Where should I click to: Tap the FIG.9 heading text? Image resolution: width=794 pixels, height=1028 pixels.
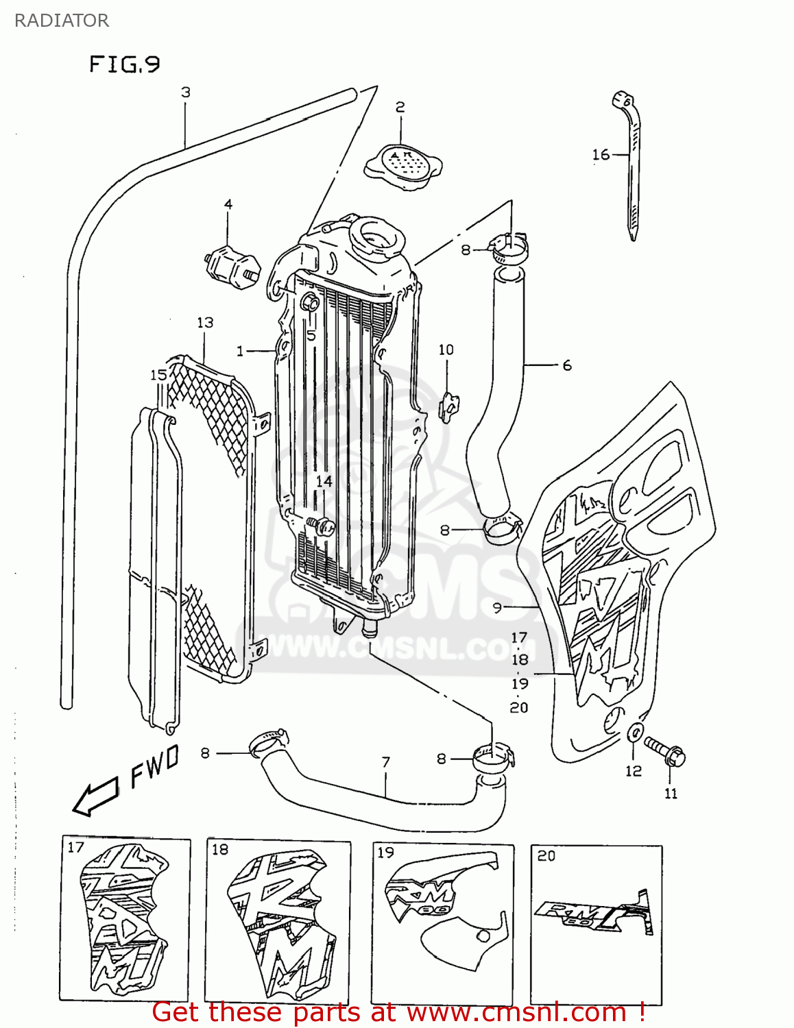(x=124, y=64)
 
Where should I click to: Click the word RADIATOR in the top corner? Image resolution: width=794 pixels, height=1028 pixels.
(x=62, y=21)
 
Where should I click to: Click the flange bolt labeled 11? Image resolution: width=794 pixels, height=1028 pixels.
(x=665, y=750)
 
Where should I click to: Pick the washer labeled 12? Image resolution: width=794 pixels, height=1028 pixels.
(x=635, y=732)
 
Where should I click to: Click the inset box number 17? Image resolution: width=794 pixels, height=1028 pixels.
(x=75, y=848)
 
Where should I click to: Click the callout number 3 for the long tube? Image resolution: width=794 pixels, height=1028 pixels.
(x=185, y=93)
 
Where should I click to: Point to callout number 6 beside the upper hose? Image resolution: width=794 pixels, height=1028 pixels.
(x=567, y=365)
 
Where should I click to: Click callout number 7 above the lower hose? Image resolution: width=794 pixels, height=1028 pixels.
(x=386, y=762)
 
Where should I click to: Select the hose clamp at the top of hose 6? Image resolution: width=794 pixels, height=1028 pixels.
(x=509, y=248)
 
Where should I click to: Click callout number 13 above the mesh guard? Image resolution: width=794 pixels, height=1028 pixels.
(x=205, y=322)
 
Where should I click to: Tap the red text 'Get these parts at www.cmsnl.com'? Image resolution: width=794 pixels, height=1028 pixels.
(x=398, y=1012)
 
